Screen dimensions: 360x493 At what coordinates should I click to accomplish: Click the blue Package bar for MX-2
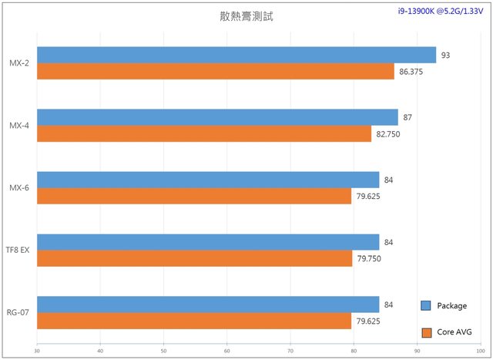pos(236,55)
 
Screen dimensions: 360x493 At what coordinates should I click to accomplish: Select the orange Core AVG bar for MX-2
pos(215,71)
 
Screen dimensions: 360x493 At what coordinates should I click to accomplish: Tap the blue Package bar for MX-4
pos(217,117)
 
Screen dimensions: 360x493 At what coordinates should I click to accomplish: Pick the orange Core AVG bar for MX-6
pos(194,196)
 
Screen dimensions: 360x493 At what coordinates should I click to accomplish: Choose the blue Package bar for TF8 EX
pos(208,242)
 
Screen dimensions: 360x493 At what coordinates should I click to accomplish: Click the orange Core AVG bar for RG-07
pos(194,321)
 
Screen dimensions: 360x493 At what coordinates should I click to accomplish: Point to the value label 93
pos(446,55)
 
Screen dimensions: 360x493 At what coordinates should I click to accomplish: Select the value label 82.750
pos(387,134)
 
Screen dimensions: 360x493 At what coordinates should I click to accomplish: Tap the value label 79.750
pos(368,259)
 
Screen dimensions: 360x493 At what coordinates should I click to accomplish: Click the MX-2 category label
pos(19,63)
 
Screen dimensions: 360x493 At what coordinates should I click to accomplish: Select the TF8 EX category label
pos(17,250)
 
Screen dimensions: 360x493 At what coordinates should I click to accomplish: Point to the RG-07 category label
pos(18,312)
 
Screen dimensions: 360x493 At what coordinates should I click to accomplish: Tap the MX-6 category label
pos(19,187)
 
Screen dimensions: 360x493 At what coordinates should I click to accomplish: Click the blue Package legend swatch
pos(425,306)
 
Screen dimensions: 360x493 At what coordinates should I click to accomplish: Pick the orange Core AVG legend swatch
pos(425,332)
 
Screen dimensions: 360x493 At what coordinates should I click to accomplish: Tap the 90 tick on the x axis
pos(417,352)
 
